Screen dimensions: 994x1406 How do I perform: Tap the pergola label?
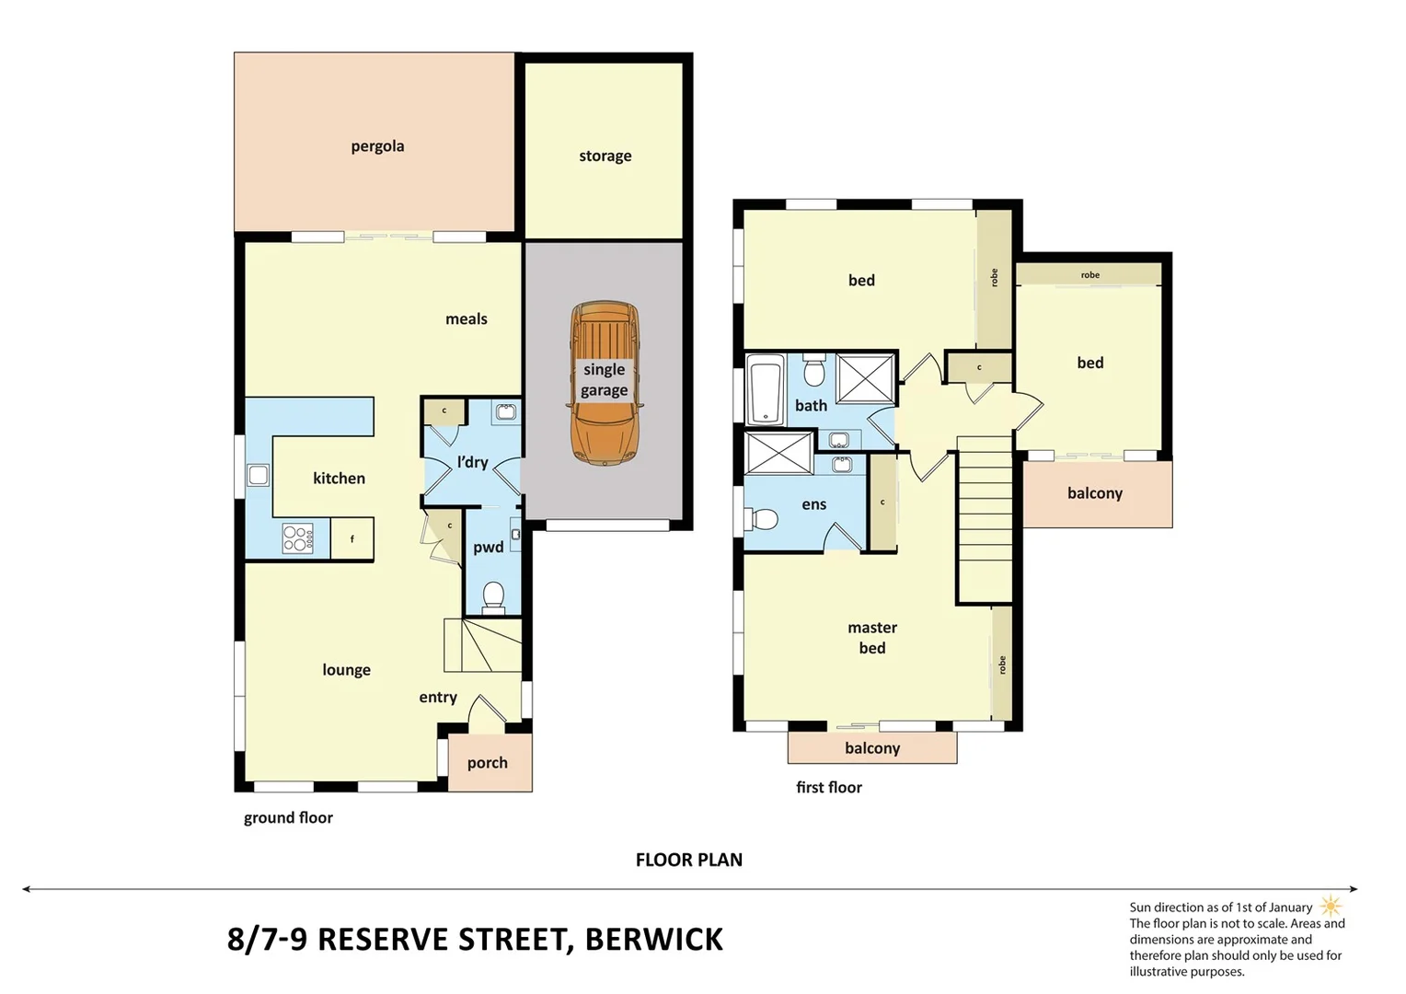tap(377, 146)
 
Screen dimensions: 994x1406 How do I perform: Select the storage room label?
tap(605, 156)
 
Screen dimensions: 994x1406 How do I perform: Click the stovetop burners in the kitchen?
tap(297, 538)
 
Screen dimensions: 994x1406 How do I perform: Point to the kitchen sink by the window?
tap(259, 475)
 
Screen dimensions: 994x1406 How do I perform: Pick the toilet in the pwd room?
tap(493, 595)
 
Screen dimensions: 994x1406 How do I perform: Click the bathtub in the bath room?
tap(764, 390)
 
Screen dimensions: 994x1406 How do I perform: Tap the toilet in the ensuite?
tap(763, 520)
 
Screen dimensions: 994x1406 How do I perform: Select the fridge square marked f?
tap(351, 539)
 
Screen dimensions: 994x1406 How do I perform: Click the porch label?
tap(487, 763)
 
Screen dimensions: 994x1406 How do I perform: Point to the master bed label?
tap(871, 638)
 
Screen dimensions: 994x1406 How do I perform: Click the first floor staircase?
tap(985, 520)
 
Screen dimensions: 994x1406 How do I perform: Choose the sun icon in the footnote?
tap(1331, 907)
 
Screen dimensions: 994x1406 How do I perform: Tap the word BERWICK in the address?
tap(653, 940)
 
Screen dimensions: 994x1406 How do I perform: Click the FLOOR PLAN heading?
tap(688, 860)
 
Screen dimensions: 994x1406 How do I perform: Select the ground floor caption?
tap(288, 818)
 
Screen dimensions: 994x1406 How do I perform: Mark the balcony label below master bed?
tap(871, 748)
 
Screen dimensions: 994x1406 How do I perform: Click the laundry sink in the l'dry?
tap(505, 411)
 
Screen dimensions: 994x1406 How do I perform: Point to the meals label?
tap(466, 319)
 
